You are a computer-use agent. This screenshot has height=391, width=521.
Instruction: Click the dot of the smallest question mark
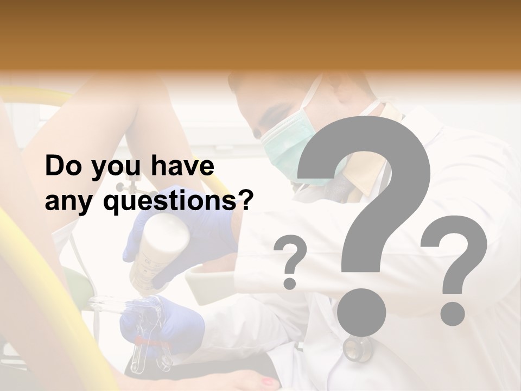[290, 283]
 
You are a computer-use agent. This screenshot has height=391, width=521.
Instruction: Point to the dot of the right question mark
[452, 313]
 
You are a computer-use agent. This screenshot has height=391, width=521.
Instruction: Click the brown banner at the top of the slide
[260, 33]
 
